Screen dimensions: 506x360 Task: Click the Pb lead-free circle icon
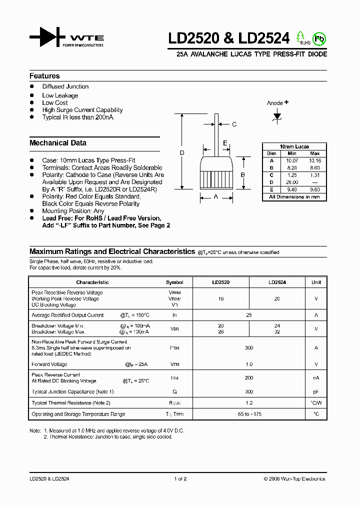pyautogui.click(x=318, y=38)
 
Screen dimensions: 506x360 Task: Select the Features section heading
pyautogui.click(x=44, y=76)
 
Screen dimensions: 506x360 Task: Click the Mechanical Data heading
pyautogui.click(x=58, y=143)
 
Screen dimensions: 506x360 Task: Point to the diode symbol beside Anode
pyautogui.click(x=277, y=115)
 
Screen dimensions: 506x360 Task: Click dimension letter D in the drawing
pyautogui.click(x=182, y=152)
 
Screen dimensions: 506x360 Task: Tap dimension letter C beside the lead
pyautogui.click(x=233, y=124)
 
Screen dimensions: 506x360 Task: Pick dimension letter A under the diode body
pyautogui.click(x=216, y=197)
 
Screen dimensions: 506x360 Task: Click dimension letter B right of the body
pyautogui.click(x=243, y=174)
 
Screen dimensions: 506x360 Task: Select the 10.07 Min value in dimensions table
pyautogui.click(x=292, y=160)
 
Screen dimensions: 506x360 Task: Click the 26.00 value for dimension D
pyautogui.click(x=292, y=182)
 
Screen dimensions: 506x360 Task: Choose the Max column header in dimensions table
pyautogui.click(x=315, y=153)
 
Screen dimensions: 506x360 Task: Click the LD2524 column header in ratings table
pyautogui.click(x=277, y=282)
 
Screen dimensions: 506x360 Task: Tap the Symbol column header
pyautogui.click(x=174, y=282)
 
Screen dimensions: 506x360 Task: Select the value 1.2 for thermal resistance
pyautogui.click(x=249, y=403)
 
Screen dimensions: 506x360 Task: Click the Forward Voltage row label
pyautogui.click(x=49, y=364)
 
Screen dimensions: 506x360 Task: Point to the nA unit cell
pyautogui.click(x=316, y=378)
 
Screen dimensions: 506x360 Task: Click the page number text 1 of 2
pyautogui.click(x=180, y=478)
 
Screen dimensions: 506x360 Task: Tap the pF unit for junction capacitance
pyautogui.click(x=316, y=392)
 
